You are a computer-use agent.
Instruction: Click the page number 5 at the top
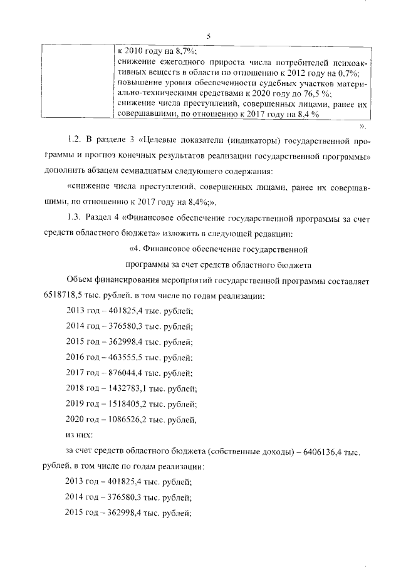point(207,36)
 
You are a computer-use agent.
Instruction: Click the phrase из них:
point(80,434)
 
